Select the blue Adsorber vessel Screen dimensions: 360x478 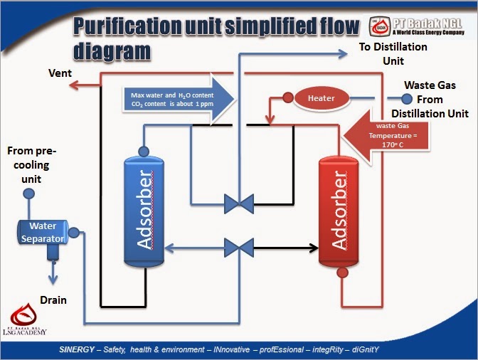point(144,211)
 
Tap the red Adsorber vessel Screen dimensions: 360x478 point(340,212)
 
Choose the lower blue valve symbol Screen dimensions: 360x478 point(238,248)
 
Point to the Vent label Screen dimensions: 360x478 point(59,73)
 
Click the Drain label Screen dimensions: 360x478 point(53,300)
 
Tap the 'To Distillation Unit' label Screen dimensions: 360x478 point(393,53)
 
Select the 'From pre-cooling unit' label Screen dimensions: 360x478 point(31,164)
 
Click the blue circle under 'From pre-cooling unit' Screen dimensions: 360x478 point(29,194)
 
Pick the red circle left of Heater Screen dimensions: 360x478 point(287,98)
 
